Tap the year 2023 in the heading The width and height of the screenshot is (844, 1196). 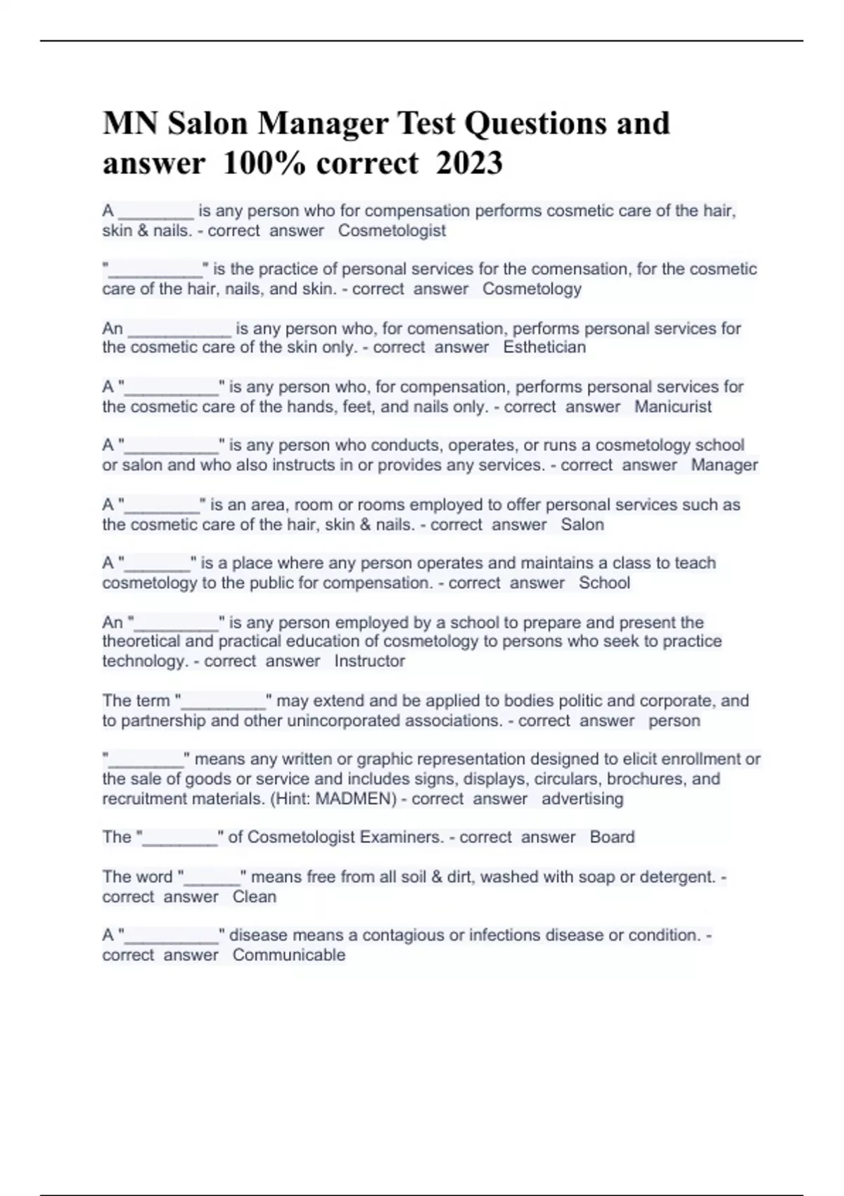(x=469, y=164)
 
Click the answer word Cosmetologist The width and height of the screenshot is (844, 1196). (x=392, y=231)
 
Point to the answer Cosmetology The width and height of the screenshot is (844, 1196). (x=532, y=289)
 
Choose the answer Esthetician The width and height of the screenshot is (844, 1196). (x=544, y=348)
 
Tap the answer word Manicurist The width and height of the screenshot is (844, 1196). (x=672, y=407)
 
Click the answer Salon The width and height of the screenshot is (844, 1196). (x=582, y=525)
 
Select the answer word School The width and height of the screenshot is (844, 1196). (x=604, y=583)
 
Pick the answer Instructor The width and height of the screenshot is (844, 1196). (x=369, y=661)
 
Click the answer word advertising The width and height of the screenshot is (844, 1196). (x=582, y=799)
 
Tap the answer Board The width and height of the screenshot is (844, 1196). (x=612, y=837)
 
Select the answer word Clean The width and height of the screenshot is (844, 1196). (x=255, y=897)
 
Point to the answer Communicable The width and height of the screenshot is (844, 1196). (x=289, y=955)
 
